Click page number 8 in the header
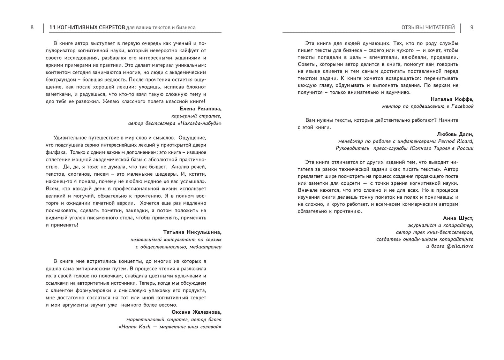point(32,28)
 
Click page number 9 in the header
point(472,28)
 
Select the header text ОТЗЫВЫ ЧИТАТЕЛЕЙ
point(428,28)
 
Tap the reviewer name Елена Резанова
point(201,109)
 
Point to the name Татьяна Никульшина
point(192,232)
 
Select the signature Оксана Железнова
point(196,312)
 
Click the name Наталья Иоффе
point(452,99)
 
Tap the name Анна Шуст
point(458,218)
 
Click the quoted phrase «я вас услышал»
point(185,182)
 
